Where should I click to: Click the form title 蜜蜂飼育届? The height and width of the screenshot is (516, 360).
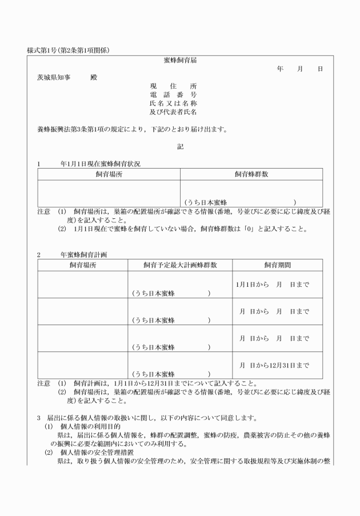click(180, 60)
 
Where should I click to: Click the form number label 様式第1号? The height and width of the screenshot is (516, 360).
click(46, 50)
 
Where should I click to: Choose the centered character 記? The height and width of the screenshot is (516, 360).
click(180, 146)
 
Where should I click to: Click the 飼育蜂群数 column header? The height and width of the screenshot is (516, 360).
click(251, 174)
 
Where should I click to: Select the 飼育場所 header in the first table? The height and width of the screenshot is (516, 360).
click(109, 174)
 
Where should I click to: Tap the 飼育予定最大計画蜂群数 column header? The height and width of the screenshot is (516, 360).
click(180, 266)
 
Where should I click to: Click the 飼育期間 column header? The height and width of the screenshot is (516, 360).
click(277, 266)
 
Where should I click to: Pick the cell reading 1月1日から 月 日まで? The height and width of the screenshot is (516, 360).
click(272, 285)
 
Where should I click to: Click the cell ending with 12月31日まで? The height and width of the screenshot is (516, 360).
click(274, 365)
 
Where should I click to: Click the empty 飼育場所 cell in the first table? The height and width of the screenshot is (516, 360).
click(109, 193)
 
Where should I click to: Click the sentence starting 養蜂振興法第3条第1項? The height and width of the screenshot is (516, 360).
click(131, 129)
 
